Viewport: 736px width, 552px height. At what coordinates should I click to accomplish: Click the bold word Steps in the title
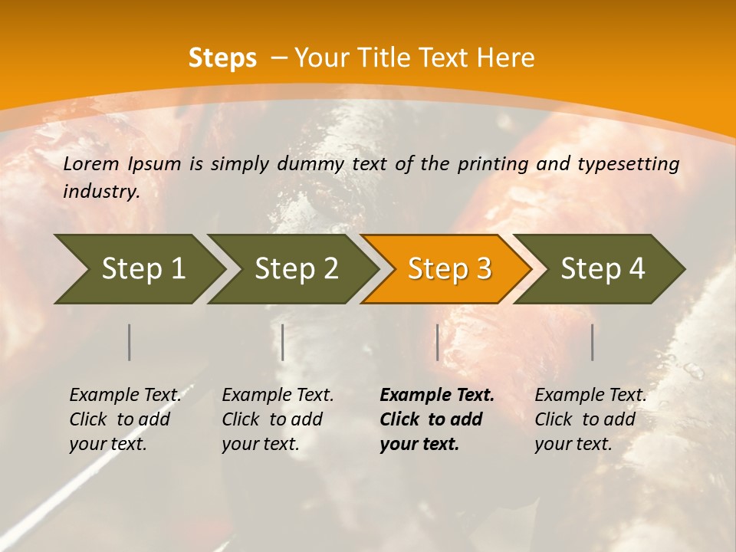(222, 58)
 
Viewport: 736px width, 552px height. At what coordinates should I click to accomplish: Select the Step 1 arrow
(138, 269)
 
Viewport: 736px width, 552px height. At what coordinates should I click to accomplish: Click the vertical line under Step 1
(130, 342)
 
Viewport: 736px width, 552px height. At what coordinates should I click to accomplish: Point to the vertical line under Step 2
(283, 342)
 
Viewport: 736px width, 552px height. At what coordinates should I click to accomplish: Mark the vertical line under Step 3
(437, 342)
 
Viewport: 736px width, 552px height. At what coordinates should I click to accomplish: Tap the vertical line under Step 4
(592, 342)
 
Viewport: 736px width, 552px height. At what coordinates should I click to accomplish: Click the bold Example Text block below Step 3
(435, 419)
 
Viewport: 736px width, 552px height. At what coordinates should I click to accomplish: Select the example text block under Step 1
(124, 419)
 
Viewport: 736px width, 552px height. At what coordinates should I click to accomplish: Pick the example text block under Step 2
(277, 419)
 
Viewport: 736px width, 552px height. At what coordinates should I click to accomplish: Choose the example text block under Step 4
(590, 419)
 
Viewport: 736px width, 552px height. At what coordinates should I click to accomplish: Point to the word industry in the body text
(100, 192)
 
